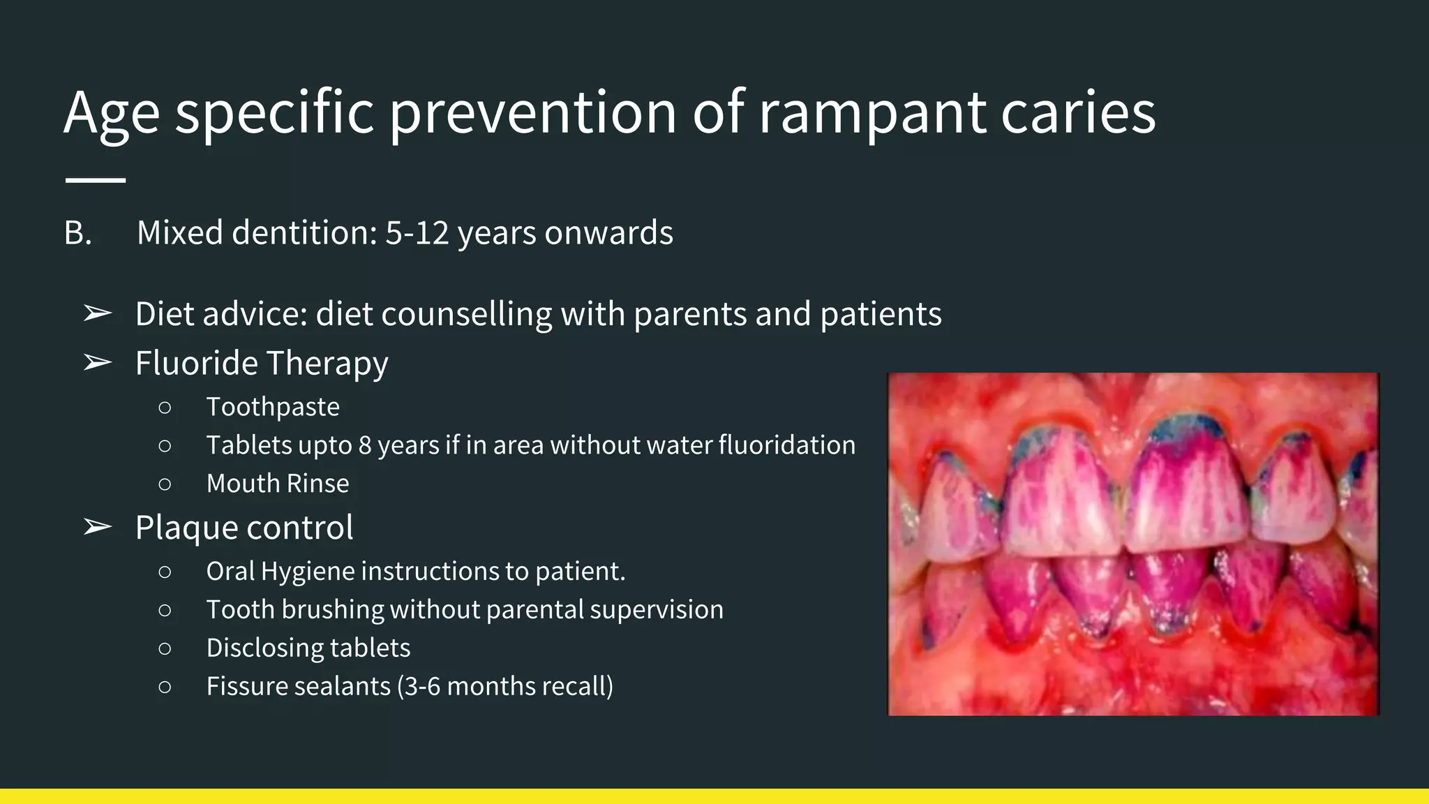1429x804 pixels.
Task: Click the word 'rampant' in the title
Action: click(871, 113)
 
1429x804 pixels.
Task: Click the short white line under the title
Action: click(96, 180)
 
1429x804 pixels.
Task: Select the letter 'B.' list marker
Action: click(77, 233)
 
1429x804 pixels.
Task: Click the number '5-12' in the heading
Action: click(417, 233)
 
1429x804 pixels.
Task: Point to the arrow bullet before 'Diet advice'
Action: click(97, 314)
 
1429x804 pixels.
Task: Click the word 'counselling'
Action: click(467, 314)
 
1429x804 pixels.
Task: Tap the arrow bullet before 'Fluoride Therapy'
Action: click(97, 363)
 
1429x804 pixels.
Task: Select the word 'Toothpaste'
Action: click(273, 407)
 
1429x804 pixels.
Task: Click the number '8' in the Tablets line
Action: click(365, 445)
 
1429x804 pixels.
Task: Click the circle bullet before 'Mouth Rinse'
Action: click(165, 484)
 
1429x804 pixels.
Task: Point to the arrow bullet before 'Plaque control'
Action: click(97, 528)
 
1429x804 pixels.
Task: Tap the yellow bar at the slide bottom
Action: click(714, 796)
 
